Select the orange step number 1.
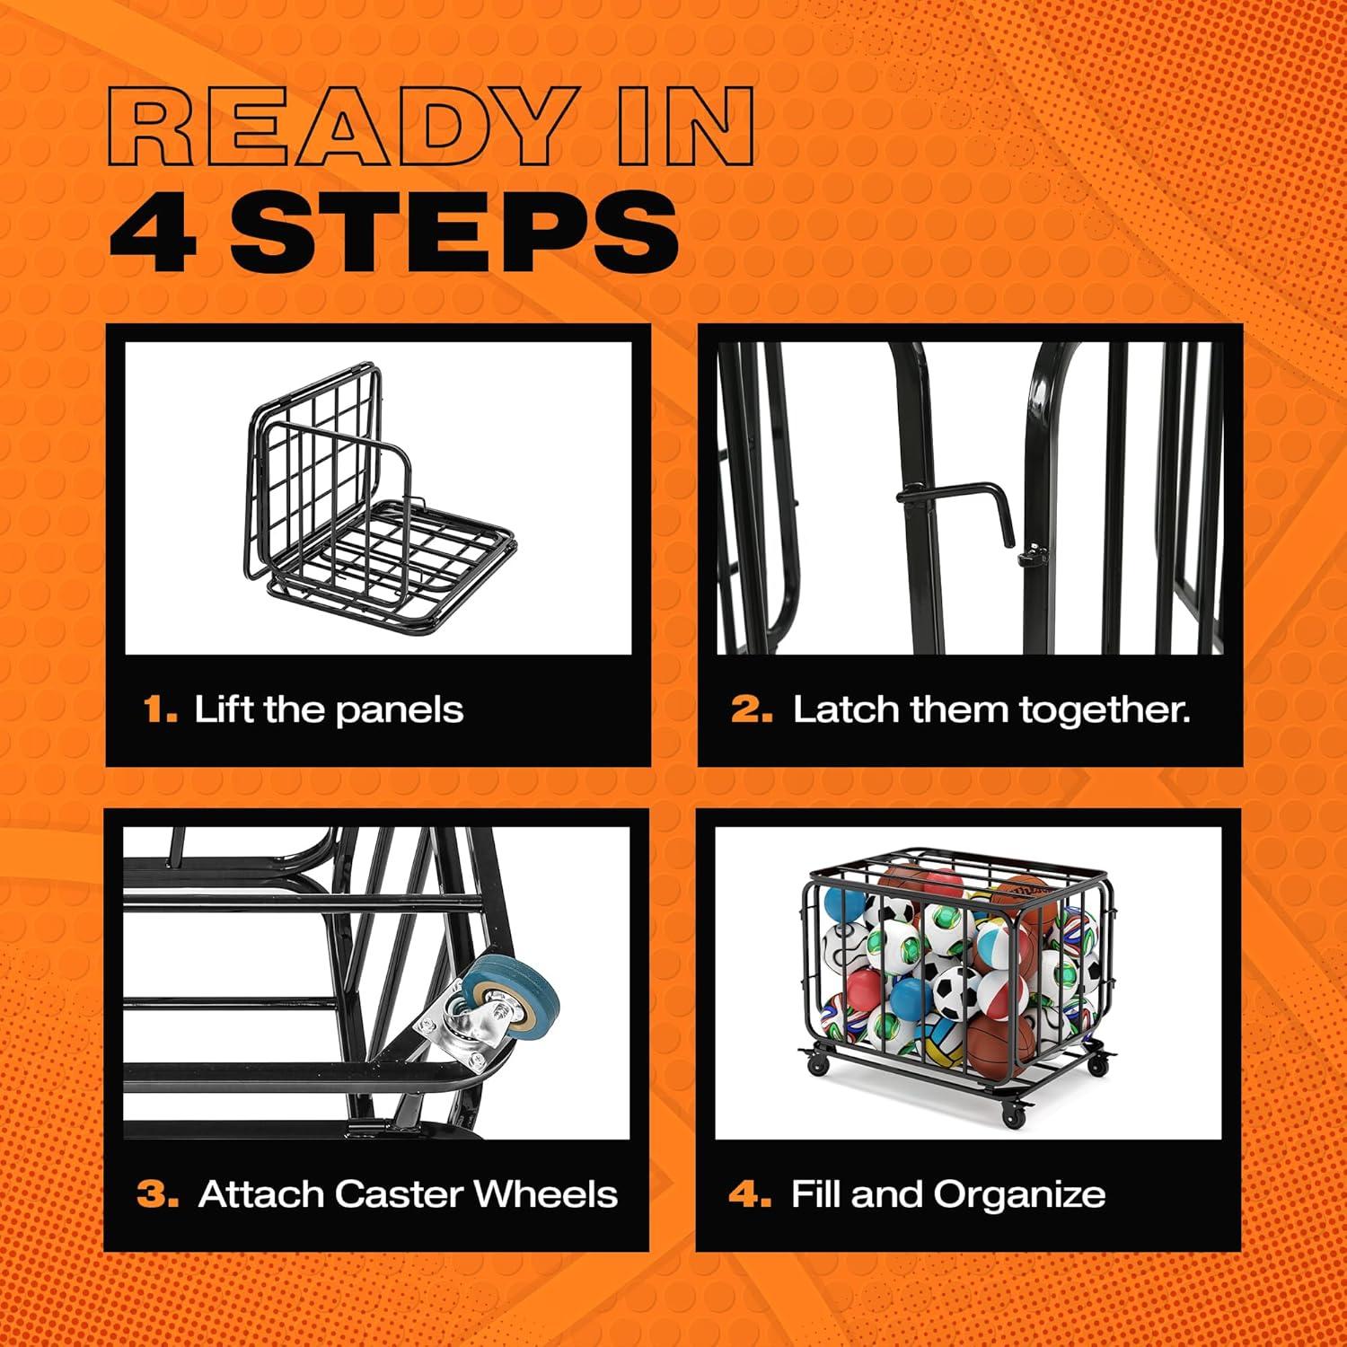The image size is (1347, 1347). [x=159, y=710]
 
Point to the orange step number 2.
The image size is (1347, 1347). [x=751, y=710]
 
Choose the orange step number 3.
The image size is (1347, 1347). [x=157, y=1195]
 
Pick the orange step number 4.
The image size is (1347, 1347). [x=749, y=1195]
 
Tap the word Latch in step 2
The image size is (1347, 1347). [x=844, y=709]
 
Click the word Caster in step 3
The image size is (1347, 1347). [x=398, y=1194]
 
